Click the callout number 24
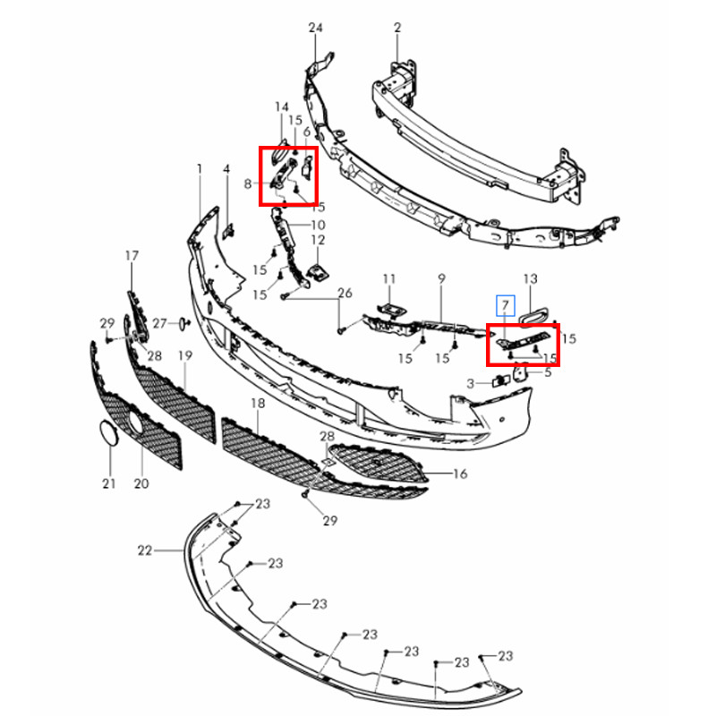(316, 28)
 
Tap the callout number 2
(397, 28)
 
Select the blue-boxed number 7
(506, 305)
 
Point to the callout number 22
(145, 550)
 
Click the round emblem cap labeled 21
(109, 433)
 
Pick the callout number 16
(460, 474)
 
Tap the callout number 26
(345, 293)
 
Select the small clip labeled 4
(228, 232)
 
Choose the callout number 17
(132, 256)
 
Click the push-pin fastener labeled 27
(183, 323)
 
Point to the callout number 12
(318, 240)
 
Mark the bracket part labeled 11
(392, 310)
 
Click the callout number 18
(258, 404)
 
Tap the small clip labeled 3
(501, 380)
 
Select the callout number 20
(141, 483)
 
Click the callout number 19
(185, 355)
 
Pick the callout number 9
(441, 278)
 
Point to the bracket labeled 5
(522, 371)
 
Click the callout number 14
(282, 107)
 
